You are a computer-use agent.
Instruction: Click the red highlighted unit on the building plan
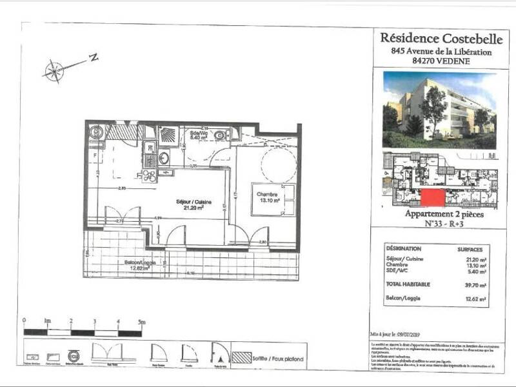tap(433, 198)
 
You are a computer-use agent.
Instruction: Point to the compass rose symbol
tap(55, 70)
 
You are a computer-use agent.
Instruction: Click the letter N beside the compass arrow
tap(94, 58)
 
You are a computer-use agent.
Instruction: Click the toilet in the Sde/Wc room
tap(220, 135)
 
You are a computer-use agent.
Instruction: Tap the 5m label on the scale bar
tap(141, 321)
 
